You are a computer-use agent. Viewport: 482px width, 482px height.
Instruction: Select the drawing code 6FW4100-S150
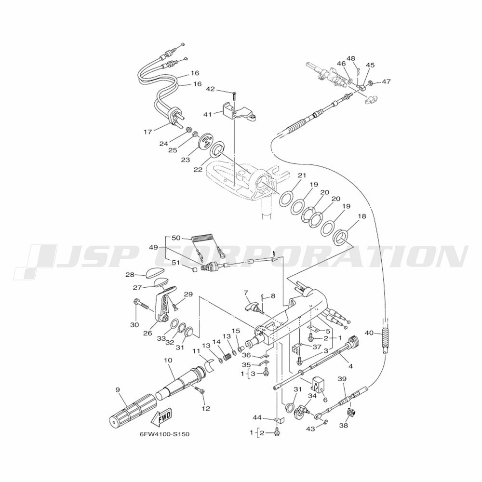pos(164,434)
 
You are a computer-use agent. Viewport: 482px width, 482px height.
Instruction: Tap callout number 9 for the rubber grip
pos(118,389)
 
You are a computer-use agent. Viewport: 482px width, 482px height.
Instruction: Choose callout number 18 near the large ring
pos(362,216)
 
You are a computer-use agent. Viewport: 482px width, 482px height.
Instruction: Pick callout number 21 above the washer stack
pos(302,175)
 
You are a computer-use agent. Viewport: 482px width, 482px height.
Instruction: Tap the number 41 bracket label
pos(208,115)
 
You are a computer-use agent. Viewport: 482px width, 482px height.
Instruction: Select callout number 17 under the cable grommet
pos(148,132)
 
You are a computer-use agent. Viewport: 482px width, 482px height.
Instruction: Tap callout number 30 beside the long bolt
pos(134,324)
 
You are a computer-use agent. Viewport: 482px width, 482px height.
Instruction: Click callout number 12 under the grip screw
pos(206,409)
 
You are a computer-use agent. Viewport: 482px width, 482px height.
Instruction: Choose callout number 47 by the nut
pos(387,81)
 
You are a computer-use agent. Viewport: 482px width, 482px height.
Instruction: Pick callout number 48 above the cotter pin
pos(351,58)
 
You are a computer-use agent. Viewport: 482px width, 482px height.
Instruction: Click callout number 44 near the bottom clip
pos(257,417)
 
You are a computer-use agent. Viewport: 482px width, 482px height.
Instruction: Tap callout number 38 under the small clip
pos(344,426)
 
